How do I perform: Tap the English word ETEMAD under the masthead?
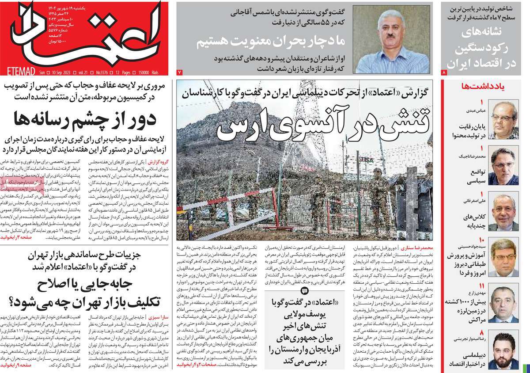[x=17, y=70]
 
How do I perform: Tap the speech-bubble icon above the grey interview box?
[x=304, y=290]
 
